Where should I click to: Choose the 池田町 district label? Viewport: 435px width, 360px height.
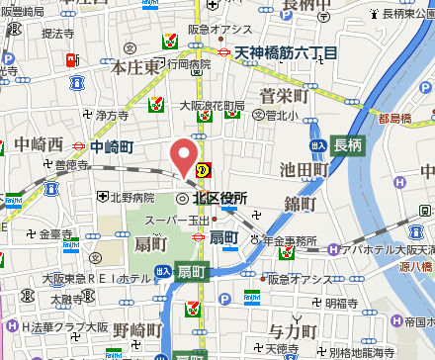[x=304, y=170]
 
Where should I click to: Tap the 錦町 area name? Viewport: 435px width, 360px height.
[x=299, y=203]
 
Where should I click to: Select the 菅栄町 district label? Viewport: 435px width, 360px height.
[x=284, y=95]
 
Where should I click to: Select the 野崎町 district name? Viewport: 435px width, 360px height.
[x=134, y=329]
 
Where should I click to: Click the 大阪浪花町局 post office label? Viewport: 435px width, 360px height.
[x=211, y=105]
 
